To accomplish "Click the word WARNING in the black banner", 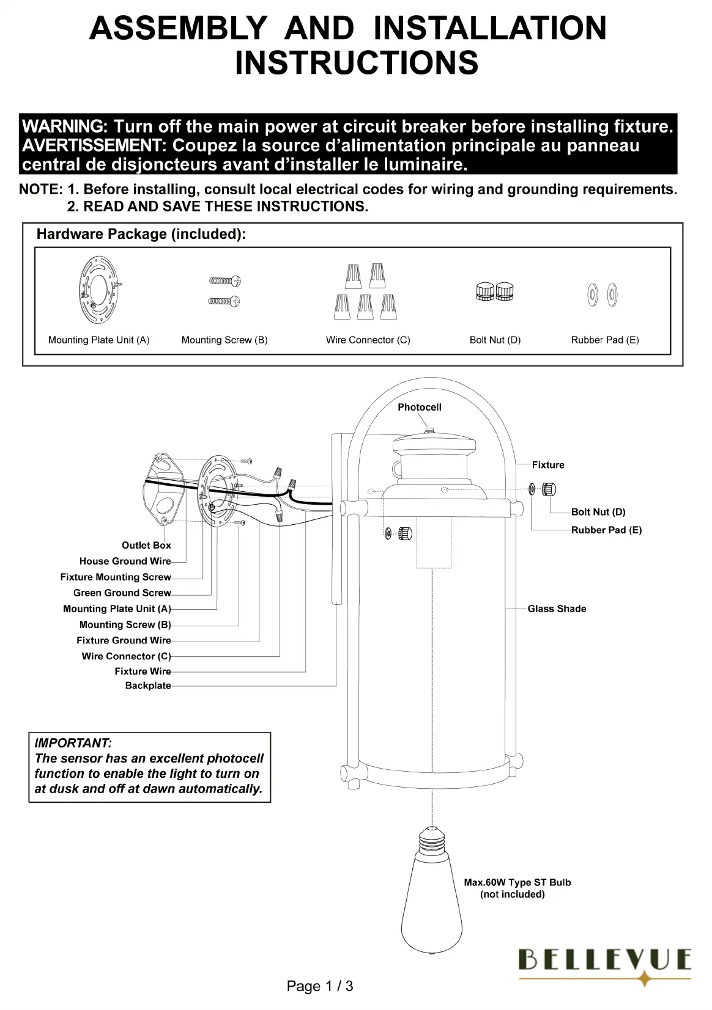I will [x=64, y=127].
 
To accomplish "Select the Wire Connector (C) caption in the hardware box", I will [x=368, y=340].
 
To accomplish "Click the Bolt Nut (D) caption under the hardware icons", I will [x=495, y=340].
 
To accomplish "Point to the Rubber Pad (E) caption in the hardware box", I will [x=604, y=340].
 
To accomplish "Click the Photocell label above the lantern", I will [x=419, y=408].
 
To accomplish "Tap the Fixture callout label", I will [x=548, y=465].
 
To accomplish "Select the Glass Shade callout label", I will [x=557, y=609].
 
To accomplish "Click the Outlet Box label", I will [x=146, y=545].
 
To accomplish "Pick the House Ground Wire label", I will [x=125, y=561].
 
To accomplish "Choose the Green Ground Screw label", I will [x=122, y=593].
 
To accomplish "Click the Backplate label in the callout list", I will [x=148, y=686].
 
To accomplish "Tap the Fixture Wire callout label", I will [x=143, y=671].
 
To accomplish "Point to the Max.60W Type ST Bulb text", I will [x=517, y=882].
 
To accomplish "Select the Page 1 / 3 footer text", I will [x=320, y=986].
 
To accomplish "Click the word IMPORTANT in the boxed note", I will [x=73, y=744].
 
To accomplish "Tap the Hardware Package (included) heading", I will [x=141, y=234].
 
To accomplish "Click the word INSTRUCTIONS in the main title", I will [x=357, y=63].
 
